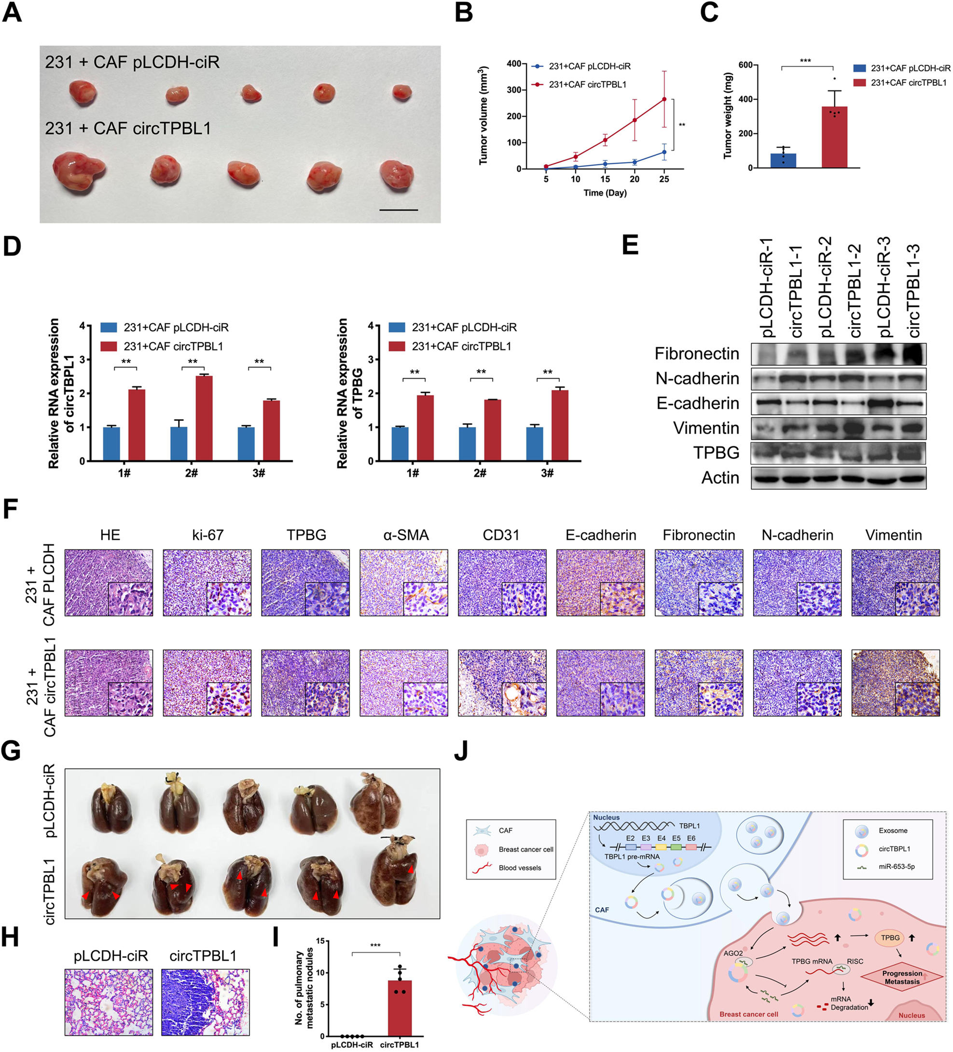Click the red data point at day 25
click(663, 99)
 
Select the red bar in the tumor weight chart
click(834, 137)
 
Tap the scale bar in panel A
click(399, 210)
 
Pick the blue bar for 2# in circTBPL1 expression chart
click(179, 444)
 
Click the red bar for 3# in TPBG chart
click(560, 425)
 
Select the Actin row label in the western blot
click(720, 477)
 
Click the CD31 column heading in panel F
click(501, 535)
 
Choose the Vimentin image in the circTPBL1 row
click(895, 682)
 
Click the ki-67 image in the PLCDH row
click(207, 582)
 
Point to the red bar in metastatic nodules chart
click(400, 1008)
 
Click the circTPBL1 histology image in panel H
click(205, 1002)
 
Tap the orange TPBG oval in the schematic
click(890, 938)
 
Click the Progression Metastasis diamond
click(902, 977)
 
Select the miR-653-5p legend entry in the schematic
click(896, 867)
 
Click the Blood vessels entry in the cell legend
click(519, 868)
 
